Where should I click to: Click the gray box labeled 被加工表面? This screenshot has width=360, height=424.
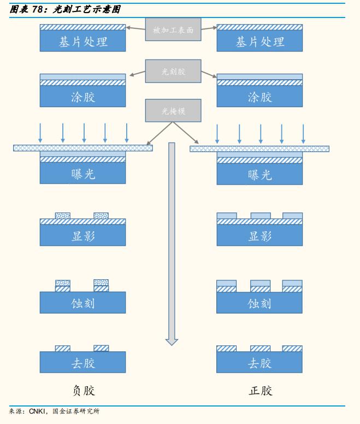point(173,30)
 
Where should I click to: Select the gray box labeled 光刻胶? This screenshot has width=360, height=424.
point(173,71)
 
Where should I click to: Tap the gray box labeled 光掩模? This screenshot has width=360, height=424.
point(173,110)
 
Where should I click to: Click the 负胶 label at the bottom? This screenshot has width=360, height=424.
point(84,391)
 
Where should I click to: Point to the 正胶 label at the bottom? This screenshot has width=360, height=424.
point(260,391)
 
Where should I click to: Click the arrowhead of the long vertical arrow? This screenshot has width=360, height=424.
point(172,342)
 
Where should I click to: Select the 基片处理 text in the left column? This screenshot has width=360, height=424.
point(83,42)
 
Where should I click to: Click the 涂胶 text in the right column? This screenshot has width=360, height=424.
point(259,97)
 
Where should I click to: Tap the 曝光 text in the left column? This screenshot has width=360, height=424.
point(83,174)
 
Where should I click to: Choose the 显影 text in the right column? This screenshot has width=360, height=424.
point(259,236)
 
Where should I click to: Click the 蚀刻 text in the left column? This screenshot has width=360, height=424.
point(83,303)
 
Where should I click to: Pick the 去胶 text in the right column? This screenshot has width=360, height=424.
point(259,363)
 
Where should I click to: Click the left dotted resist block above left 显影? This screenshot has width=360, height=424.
point(63,216)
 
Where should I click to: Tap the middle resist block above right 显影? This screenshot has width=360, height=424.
point(261,216)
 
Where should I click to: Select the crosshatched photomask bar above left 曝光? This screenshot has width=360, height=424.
point(83,148)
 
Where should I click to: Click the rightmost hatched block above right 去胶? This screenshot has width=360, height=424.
point(292,349)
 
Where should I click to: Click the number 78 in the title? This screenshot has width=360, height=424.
point(37,10)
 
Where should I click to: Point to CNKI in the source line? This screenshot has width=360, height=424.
point(37,411)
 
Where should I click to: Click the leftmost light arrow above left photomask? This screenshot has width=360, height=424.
point(40,133)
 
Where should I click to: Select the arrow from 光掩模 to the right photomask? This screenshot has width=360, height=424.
point(186,133)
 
